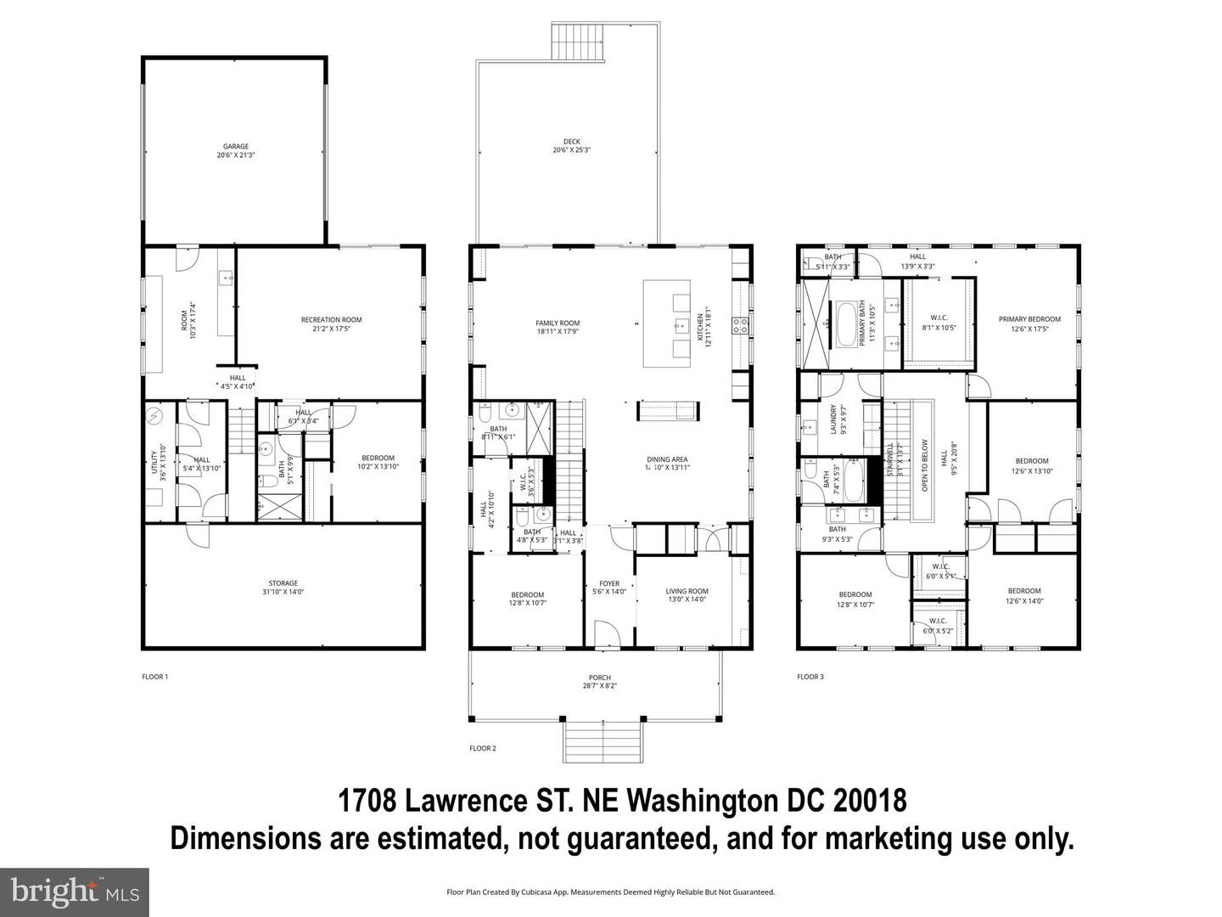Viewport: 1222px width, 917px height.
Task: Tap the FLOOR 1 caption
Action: [x=154, y=677]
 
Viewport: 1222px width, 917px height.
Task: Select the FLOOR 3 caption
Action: [x=810, y=677]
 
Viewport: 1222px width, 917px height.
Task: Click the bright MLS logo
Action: [x=75, y=892]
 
